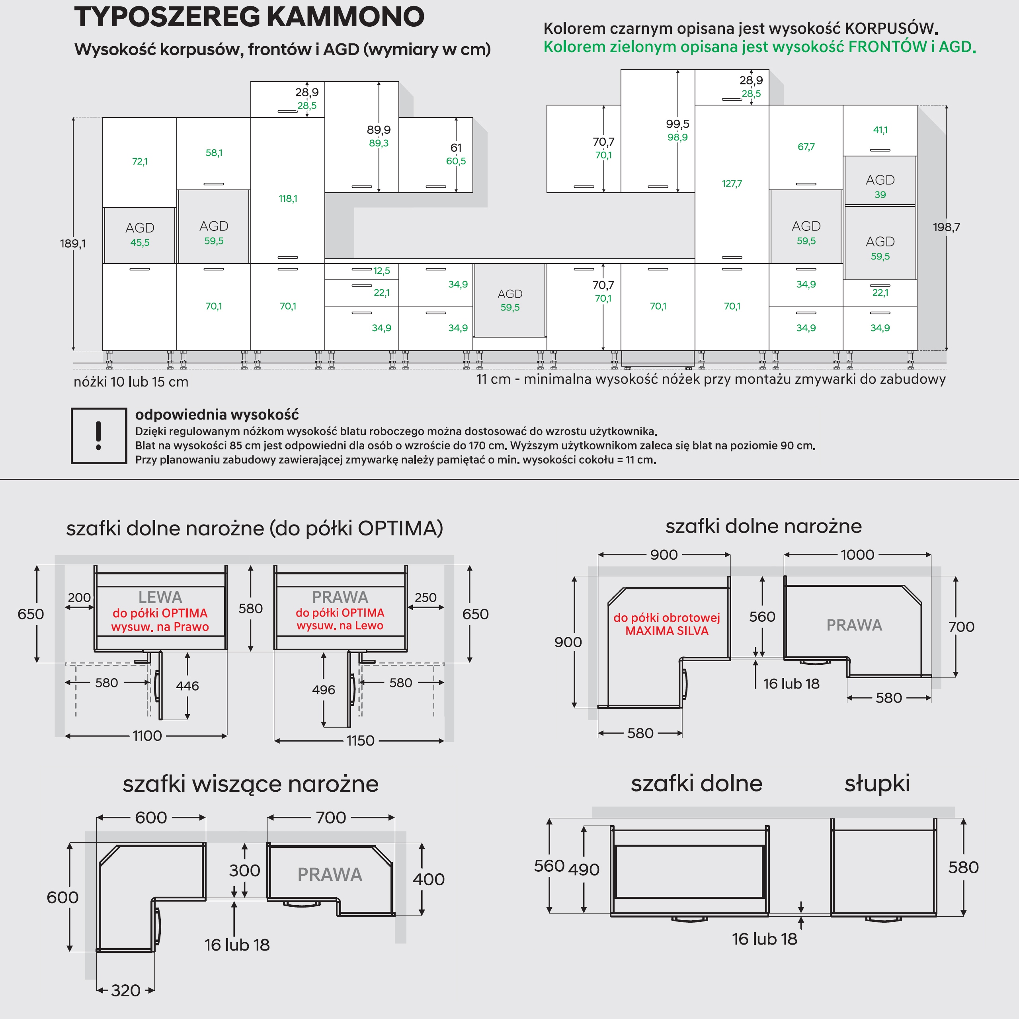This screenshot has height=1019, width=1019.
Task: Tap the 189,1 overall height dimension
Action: pos(73,244)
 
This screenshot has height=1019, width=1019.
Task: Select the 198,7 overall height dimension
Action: pos(946,227)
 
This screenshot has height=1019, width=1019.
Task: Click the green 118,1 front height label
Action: pos(288,199)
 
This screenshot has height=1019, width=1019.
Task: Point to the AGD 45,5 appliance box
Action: pos(140,235)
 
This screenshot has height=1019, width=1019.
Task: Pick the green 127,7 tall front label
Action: pos(732,183)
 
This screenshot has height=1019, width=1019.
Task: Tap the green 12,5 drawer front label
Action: pos(382,271)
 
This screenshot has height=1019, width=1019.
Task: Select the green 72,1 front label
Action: pos(140,161)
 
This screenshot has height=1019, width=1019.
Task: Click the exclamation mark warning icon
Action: pos(99,435)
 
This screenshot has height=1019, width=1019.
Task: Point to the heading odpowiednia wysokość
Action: pos(217,414)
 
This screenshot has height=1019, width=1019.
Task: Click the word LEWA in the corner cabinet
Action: pos(160,597)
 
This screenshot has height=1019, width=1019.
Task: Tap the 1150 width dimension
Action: pos(360,740)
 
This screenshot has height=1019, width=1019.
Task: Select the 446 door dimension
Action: pos(187,686)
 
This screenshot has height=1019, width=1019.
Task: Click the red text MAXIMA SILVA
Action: pos(667,631)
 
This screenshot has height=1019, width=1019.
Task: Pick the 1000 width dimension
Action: pos(857,555)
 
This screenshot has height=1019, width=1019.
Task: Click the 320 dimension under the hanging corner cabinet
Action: pos(125,990)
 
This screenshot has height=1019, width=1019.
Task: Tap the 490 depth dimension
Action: pos(584,870)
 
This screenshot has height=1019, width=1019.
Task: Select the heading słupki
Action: pos(876,784)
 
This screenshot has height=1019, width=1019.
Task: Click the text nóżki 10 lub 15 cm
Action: pos(131,382)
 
